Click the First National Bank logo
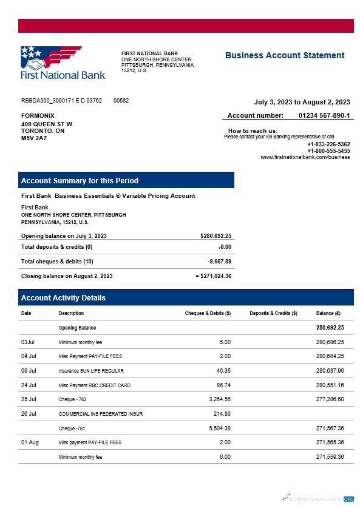pos(63,63)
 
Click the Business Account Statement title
pos(285,55)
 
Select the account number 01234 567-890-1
pos(324,115)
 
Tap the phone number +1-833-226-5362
pos(328,144)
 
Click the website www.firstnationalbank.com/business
pos(305,157)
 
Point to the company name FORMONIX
pos(38,115)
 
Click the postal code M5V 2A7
pos(34,138)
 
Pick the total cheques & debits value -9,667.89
pos(219,262)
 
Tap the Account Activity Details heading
pos(63,298)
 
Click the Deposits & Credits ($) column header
pos(273,313)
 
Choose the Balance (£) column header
pos(328,313)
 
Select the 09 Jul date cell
pos(29,370)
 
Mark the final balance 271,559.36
pos(330,456)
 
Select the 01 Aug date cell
pos(30,442)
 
